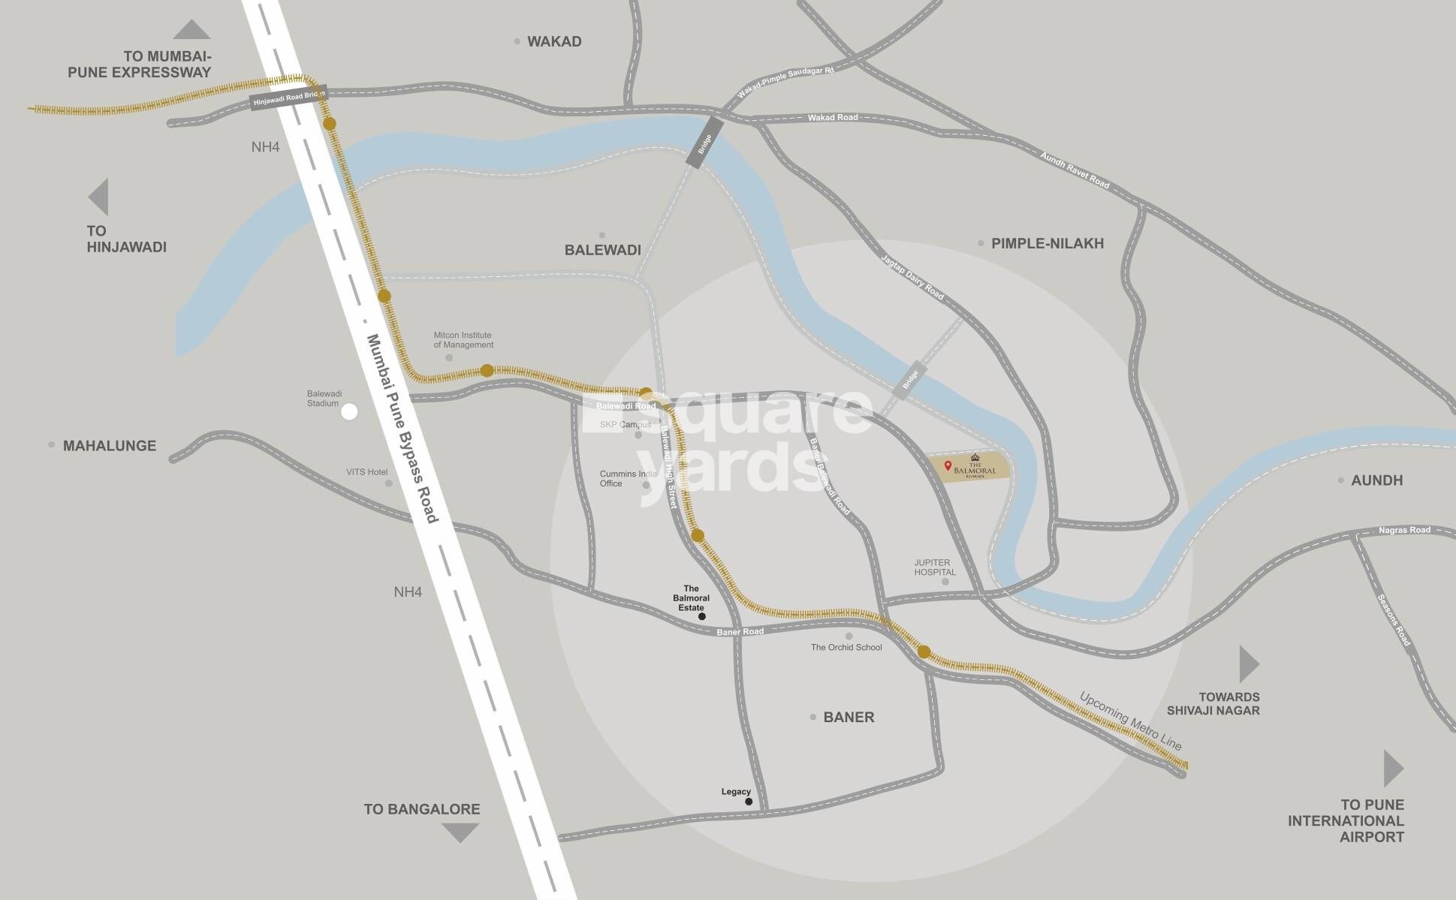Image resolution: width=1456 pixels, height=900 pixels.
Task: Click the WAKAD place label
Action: [x=554, y=41]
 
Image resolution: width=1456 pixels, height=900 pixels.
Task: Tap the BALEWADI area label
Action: [x=602, y=250]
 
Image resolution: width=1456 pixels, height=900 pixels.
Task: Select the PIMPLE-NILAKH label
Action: [x=1047, y=243]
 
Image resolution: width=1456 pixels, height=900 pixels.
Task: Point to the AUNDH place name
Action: [x=1376, y=480]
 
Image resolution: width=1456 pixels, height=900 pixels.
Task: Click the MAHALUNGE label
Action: [x=110, y=446]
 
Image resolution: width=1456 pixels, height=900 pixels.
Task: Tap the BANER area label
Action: [x=849, y=717]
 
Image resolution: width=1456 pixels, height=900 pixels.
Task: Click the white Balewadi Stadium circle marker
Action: [x=349, y=411]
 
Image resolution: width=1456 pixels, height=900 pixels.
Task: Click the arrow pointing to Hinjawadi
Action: [x=99, y=197]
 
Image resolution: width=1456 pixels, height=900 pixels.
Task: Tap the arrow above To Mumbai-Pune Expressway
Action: [x=191, y=30]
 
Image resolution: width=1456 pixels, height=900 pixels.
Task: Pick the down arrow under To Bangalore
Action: [x=460, y=832]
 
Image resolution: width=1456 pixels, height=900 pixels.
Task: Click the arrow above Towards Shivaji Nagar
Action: [x=1248, y=664]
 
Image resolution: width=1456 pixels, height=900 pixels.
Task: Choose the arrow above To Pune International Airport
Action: [x=1392, y=768]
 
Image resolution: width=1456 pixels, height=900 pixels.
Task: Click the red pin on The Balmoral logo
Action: [x=948, y=466]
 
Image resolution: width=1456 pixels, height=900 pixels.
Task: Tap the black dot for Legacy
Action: [x=749, y=802]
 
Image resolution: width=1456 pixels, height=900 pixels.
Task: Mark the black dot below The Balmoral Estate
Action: [x=702, y=616]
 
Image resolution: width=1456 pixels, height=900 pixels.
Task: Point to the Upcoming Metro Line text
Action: [x=1130, y=721]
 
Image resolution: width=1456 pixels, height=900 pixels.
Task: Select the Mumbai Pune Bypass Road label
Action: [x=401, y=429]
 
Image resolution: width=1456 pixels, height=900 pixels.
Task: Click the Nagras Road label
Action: [x=1404, y=531]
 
